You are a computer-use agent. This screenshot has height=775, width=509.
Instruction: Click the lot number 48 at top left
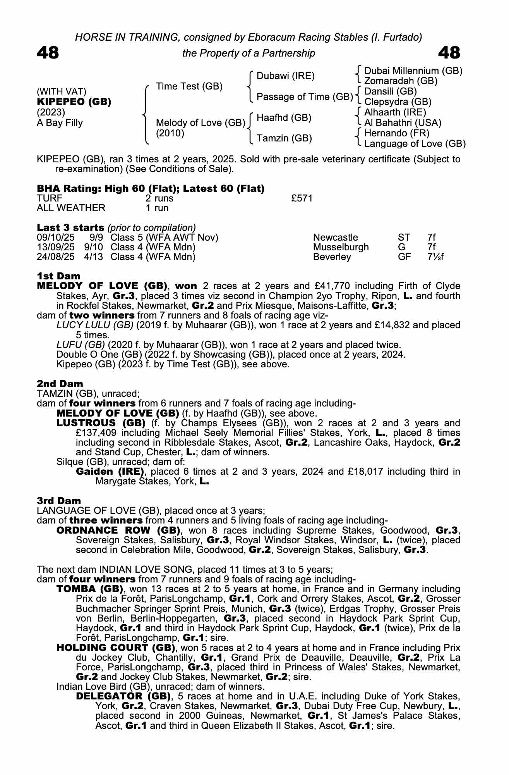(48, 53)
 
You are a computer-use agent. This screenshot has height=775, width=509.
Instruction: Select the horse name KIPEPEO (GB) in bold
(74, 102)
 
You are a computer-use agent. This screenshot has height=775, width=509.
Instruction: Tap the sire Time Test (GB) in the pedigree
(189, 86)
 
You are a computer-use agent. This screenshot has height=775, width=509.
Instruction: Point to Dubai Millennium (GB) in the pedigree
(413, 71)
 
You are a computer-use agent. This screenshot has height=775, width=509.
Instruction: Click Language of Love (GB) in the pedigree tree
(415, 144)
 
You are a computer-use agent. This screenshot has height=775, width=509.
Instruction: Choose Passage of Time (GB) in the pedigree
(305, 96)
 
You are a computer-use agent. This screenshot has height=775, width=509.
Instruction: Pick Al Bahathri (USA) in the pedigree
(403, 123)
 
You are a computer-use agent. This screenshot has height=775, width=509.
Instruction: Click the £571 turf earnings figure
(302, 198)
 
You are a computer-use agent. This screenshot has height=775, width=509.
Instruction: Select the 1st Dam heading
(58, 276)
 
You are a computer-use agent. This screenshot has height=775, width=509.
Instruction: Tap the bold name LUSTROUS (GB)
(101, 423)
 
